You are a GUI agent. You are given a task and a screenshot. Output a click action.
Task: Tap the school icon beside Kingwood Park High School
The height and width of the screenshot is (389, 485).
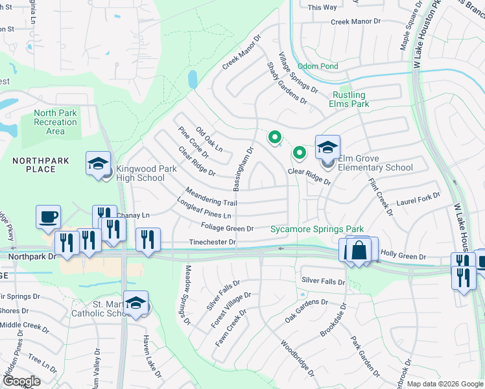point(98,163)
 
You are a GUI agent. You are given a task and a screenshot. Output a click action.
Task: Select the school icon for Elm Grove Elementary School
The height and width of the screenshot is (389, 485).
point(327,147)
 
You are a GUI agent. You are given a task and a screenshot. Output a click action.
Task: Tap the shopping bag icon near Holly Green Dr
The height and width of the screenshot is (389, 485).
point(359,250)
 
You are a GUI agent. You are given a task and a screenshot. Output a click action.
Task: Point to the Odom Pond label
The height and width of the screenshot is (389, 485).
point(318,66)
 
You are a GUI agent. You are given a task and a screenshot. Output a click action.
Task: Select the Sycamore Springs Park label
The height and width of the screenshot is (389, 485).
point(316,229)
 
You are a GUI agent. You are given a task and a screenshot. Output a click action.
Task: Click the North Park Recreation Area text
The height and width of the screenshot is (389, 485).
point(55,122)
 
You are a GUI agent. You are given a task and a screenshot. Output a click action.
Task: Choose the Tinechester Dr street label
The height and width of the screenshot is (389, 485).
point(212,242)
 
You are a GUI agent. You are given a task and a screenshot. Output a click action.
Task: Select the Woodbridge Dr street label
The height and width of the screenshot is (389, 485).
point(297,360)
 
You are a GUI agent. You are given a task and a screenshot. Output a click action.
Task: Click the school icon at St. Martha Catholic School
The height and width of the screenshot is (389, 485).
point(136,303)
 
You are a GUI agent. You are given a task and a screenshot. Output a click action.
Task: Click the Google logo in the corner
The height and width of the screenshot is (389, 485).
point(21,381)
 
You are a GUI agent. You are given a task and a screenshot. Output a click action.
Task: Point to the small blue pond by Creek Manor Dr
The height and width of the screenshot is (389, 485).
point(193,80)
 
